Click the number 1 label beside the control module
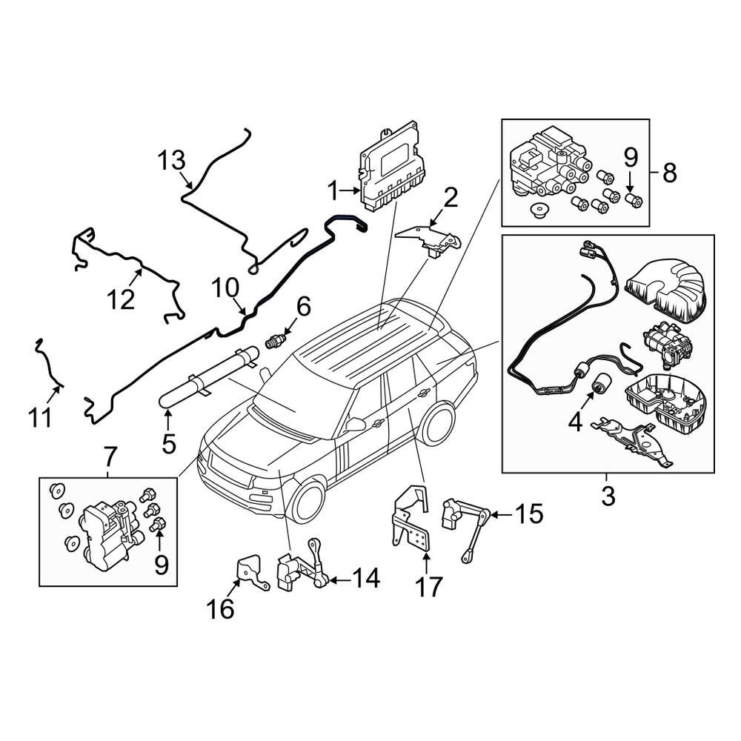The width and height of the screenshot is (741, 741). tap(333, 192)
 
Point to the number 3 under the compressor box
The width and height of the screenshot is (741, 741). tap(608, 496)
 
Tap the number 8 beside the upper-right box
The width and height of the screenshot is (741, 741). tap(669, 173)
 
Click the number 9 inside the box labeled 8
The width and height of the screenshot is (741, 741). tap(630, 157)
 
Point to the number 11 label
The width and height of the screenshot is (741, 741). tap(41, 417)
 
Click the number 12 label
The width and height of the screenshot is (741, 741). tap(122, 300)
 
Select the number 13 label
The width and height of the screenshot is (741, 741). tap(170, 161)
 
